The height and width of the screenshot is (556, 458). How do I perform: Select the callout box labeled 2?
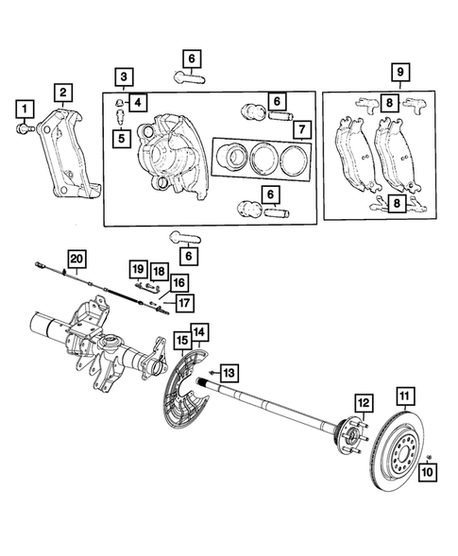tap(62, 92)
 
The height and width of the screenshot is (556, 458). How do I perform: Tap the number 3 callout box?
tap(123, 76)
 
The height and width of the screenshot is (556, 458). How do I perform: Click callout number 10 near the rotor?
tap(427, 471)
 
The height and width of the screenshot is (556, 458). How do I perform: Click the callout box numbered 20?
tap(76, 259)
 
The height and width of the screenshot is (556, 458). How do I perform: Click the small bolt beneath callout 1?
tap(24, 126)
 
